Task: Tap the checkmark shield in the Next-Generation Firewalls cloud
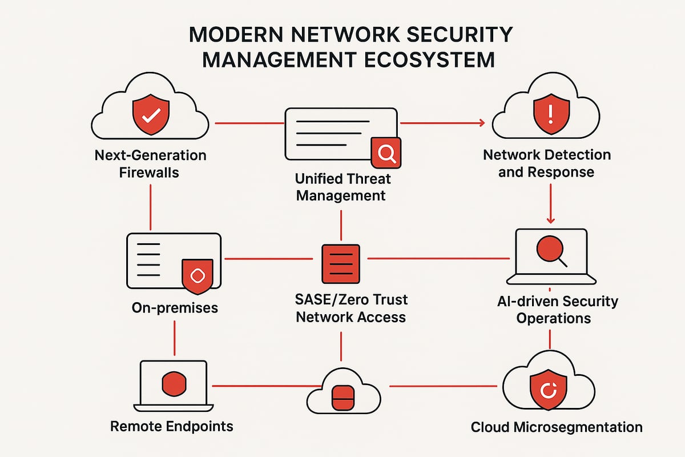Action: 151,115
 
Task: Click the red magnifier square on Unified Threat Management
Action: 386,152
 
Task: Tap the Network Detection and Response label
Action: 546,163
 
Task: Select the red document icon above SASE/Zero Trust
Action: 341,263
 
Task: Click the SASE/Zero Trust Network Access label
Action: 351,308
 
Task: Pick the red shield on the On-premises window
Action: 197,275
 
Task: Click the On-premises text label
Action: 175,307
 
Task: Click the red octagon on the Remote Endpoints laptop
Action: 174,384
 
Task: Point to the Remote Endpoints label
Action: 171,426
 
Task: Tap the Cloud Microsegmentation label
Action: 557,427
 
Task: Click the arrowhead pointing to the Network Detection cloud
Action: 481,122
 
